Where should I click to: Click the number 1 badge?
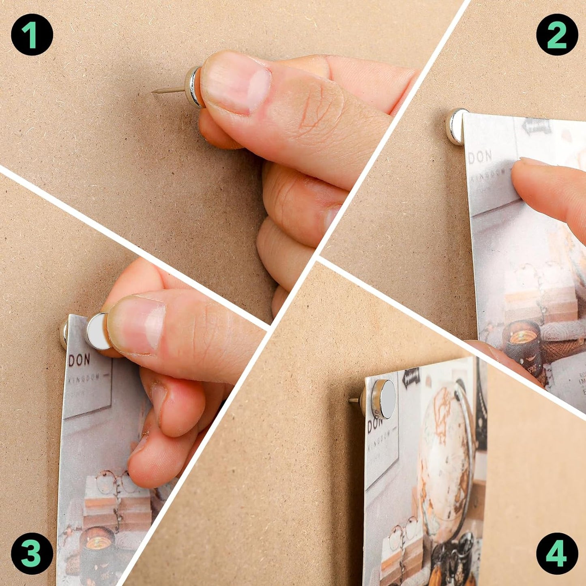(32, 34)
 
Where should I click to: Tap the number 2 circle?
(557, 34)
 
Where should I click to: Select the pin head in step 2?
(455, 126)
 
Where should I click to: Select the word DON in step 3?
(79, 360)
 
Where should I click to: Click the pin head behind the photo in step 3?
(64, 334)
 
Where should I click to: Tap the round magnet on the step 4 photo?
(384, 399)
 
